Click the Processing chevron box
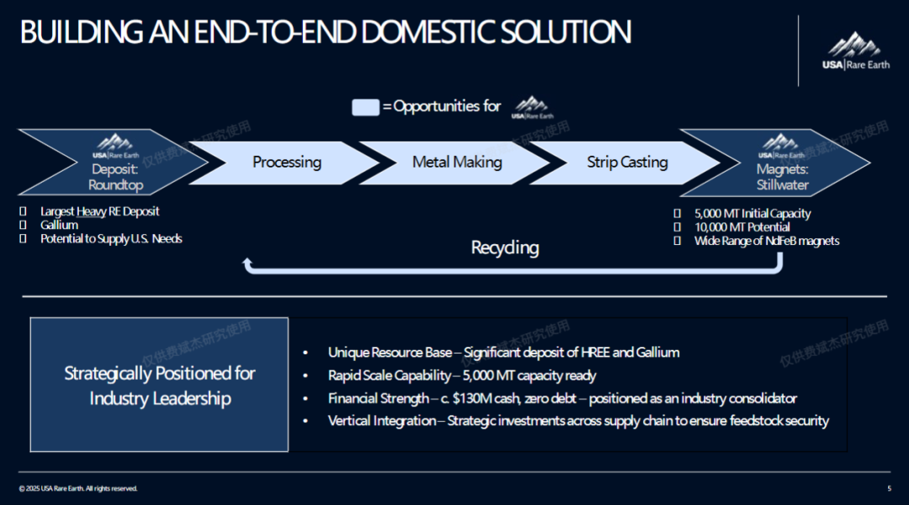pos(286,162)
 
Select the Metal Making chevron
pos(457,162)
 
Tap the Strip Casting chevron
pos(627,162)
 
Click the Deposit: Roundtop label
pos(116,178)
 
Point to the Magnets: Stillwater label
pos(782,178)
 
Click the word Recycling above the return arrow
pos(505,247)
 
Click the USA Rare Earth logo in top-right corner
pos(855,50)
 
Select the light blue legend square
pos(365,107)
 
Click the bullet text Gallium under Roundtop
pos(59,225)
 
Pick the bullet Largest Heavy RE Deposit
pos(99,211)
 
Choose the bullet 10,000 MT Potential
pos(742,227)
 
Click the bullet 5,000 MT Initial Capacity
pos(752,214)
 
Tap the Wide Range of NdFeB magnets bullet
pos(766,241)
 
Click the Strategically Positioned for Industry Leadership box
pos(159,385)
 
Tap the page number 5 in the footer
pos(889,489)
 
